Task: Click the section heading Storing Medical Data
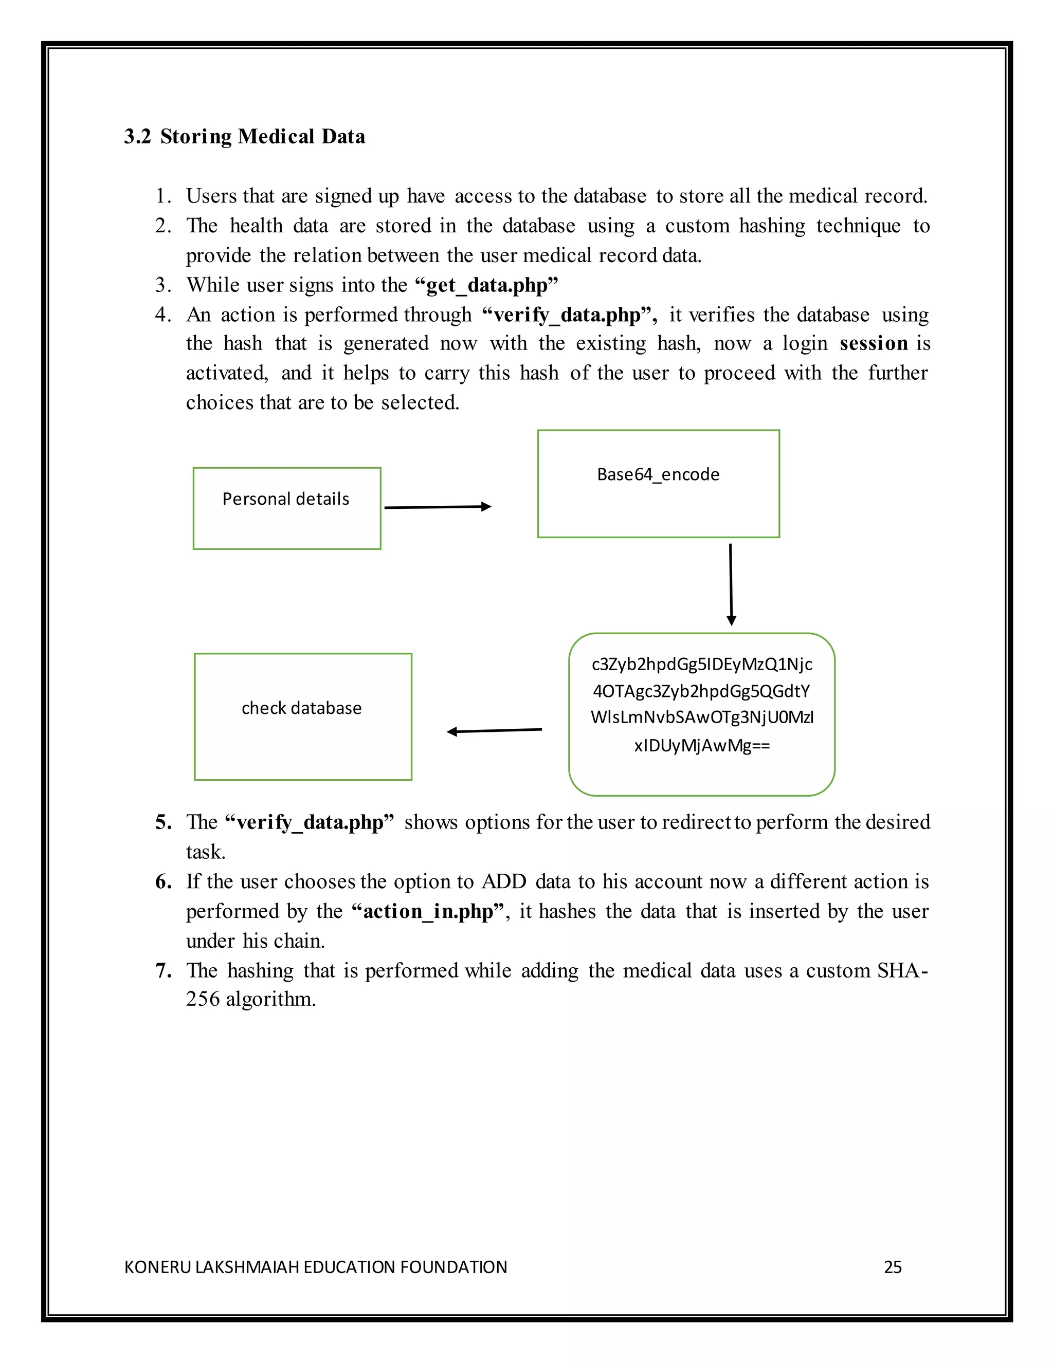[262, 137]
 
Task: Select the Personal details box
[286, 508]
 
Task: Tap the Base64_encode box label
[658, 474]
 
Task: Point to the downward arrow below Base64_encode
[731, 584]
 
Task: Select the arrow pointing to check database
[494, 730]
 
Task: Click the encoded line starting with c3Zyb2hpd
[702, 664]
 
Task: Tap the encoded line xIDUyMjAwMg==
[702, 745]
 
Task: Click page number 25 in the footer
[893, 1266]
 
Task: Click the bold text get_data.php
[486, 285]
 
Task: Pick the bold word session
[874, 344]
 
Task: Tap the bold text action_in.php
[428, 911]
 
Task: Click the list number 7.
[163, 970]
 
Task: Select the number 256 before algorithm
[203, 999]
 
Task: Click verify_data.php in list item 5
[310, 822]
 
